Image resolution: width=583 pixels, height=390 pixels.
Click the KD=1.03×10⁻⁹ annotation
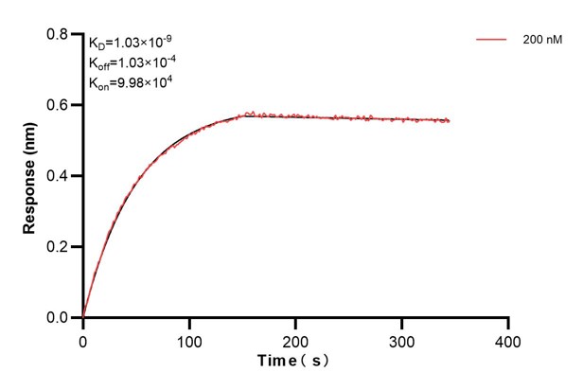[x=131, y=42]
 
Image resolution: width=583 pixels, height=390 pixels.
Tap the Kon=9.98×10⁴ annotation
[x=131, y=81]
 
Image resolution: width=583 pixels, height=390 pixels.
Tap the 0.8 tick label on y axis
[x=58, y=34]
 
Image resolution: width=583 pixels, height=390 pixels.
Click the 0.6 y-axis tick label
[x=58, y=105]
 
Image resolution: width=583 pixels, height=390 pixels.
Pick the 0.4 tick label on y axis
[x=58, y=176]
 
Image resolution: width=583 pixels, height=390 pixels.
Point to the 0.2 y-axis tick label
[x=58, y=247]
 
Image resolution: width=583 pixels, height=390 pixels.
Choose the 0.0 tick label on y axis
[x=58, y=318]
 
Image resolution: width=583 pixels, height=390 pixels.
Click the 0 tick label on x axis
[x=83, y=339]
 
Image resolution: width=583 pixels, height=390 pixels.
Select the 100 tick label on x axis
[x=189, y=339]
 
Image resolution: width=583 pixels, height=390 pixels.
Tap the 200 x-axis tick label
[x=296, y=339]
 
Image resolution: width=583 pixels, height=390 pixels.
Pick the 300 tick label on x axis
[x=402, y=339]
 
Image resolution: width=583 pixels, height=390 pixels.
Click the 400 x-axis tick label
[x=508, y=339]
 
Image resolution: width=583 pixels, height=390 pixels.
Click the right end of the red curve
[x=450, y=120]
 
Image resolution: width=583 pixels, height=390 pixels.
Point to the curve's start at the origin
[x=83, y=317]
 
